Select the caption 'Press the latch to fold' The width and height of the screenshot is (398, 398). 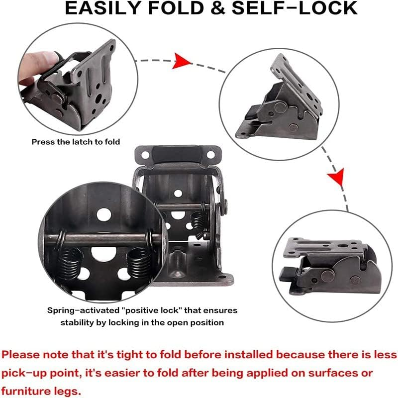(x=76, y=142)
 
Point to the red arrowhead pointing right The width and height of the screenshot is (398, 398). (x=183, y=61)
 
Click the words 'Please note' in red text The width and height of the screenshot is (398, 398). (x=31, y=355)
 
